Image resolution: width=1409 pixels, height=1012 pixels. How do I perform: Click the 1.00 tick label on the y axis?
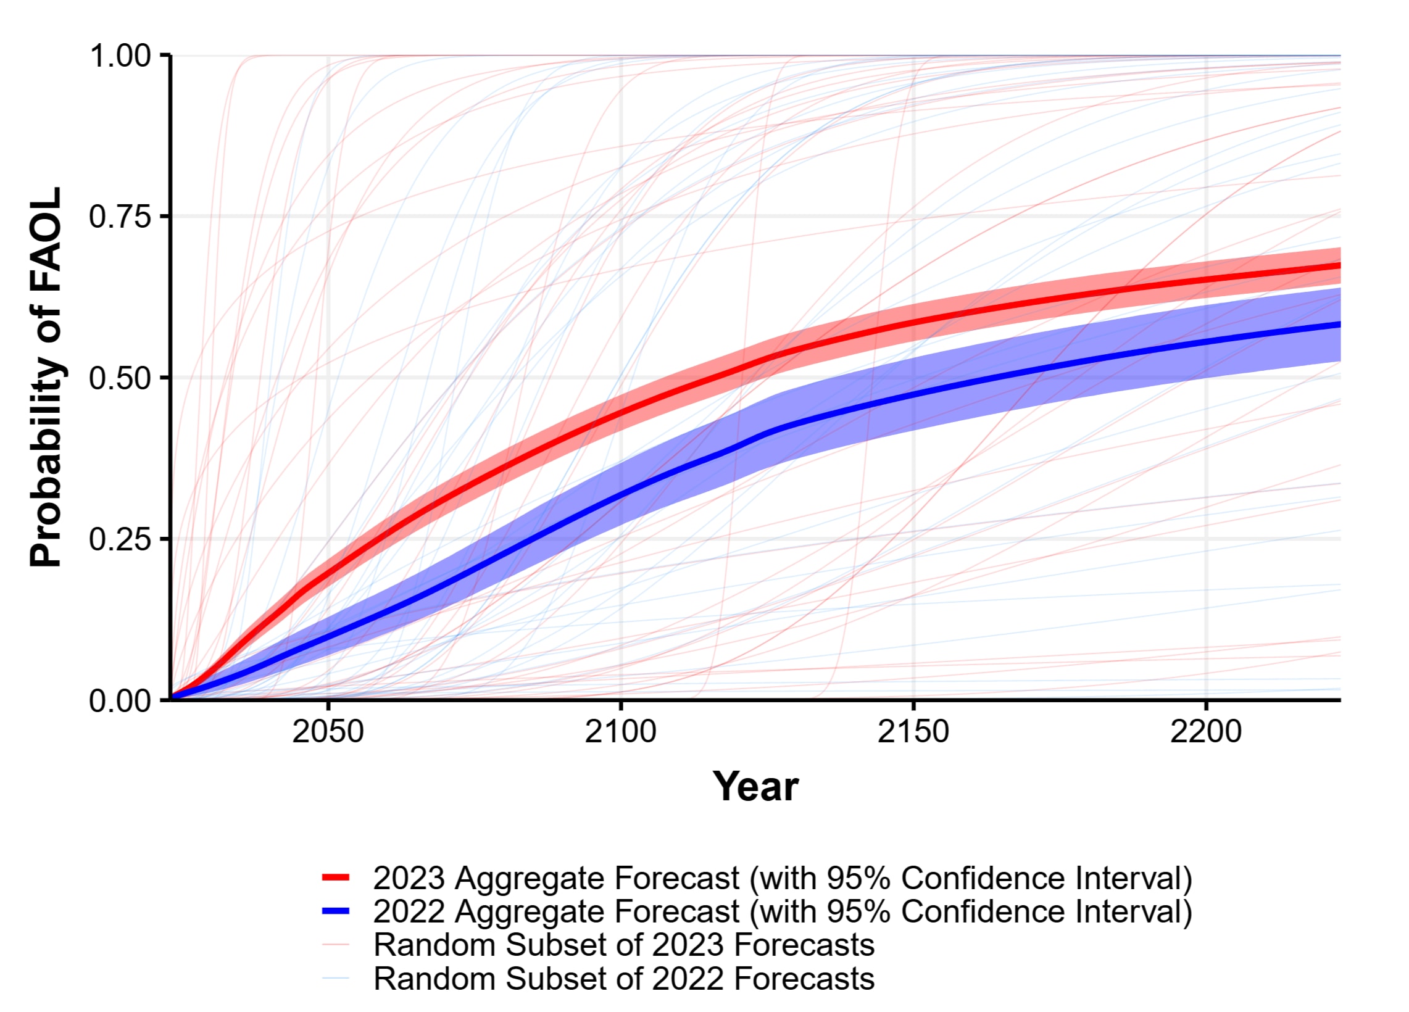pos(120,56)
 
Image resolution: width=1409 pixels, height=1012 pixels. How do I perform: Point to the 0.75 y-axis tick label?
pos(120,217)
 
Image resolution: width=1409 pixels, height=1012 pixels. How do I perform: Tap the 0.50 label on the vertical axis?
pos(120,378)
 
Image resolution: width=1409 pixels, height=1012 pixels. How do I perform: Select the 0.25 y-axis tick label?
pos(120,539)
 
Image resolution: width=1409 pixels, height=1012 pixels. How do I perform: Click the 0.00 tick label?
pos(120,701)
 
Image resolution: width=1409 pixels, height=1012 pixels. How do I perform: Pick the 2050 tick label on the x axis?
pos(328,732)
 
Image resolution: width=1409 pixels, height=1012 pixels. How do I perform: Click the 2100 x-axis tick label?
pos(621,732)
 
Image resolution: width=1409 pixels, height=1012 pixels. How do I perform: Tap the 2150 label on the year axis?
pos(913,732)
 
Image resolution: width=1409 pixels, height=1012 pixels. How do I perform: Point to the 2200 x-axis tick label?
pos(1206,732)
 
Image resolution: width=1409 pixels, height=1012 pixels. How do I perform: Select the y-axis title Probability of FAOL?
pos(46,377)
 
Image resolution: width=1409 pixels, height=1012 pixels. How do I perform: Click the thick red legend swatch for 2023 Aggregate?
pos(336,878)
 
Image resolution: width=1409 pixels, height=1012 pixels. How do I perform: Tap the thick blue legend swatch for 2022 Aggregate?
pos(336,911)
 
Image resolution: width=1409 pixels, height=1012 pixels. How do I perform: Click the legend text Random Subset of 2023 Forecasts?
pos(624,945)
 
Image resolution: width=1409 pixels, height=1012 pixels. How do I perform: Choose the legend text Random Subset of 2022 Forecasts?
pos(624,979)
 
